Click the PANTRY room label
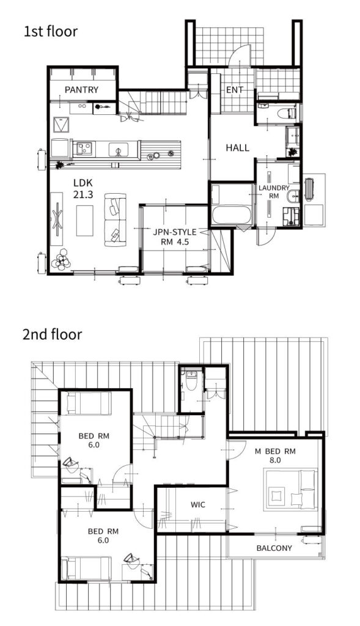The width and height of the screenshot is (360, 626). point(81,90)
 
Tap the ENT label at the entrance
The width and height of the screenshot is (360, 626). point(235,90)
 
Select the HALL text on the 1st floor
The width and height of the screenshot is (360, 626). point(238,148)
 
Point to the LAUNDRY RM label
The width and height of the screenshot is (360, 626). point(274,191)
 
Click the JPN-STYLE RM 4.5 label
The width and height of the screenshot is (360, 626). point(175,237)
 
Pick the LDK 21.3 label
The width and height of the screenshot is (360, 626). point(83,189)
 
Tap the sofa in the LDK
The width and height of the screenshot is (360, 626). point(115,219)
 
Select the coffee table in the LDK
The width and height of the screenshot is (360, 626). point(84,220)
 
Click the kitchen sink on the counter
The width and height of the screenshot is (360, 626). point(119,150)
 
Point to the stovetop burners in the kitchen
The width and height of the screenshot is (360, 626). point(84,149)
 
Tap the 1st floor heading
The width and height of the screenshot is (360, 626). point(50,32)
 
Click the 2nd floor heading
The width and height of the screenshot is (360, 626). point(53,334)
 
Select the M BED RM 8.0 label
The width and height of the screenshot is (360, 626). point(276,455)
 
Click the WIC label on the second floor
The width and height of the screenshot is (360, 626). point(197,504)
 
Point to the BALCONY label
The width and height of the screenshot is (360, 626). point(274,548)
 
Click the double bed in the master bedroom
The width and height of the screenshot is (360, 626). point(290,489)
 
